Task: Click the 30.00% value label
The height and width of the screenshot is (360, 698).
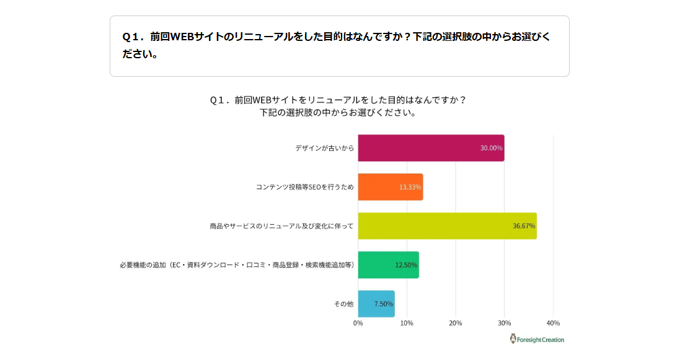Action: [491, 148]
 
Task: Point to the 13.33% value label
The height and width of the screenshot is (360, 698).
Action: [410, 187]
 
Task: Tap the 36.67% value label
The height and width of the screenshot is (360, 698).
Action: [524, 226]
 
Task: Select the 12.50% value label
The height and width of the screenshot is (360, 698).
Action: [406, 265]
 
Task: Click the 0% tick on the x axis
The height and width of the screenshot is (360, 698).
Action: [358, 323]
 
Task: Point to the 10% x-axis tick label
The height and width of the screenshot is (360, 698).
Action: [407, 323]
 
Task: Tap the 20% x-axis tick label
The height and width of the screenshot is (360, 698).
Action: [456, 323]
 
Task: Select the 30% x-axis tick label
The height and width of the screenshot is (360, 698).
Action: [505, 323]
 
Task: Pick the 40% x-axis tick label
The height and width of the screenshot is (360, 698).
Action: [553, 323]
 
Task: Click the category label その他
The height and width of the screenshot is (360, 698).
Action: [343, 304]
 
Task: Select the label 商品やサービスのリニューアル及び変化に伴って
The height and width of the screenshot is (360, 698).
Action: [281, 226]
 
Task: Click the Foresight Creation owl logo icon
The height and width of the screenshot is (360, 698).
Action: [513, 339]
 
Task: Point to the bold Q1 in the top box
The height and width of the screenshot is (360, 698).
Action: [132, 37]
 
